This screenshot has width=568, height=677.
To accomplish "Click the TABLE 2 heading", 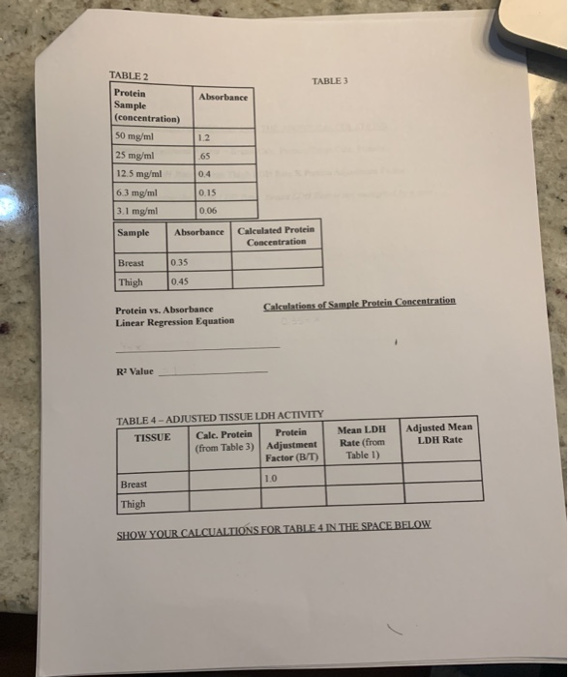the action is click(128, 75).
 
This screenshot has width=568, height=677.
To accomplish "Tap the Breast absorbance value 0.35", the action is click(180, 262).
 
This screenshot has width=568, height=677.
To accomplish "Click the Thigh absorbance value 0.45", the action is click(180, 281).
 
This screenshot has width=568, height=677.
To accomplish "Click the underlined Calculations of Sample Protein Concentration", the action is click(358, 303).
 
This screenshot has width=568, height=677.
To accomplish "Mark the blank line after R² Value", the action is click(213, 372).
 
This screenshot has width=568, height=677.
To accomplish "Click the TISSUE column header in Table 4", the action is click(152, 436).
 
